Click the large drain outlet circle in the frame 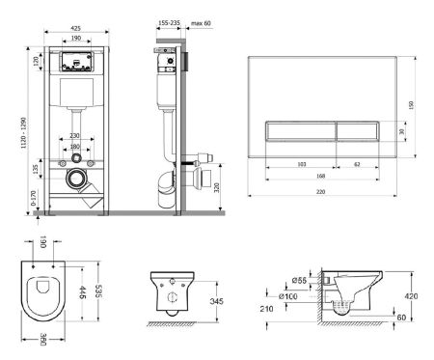coord(74,180)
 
